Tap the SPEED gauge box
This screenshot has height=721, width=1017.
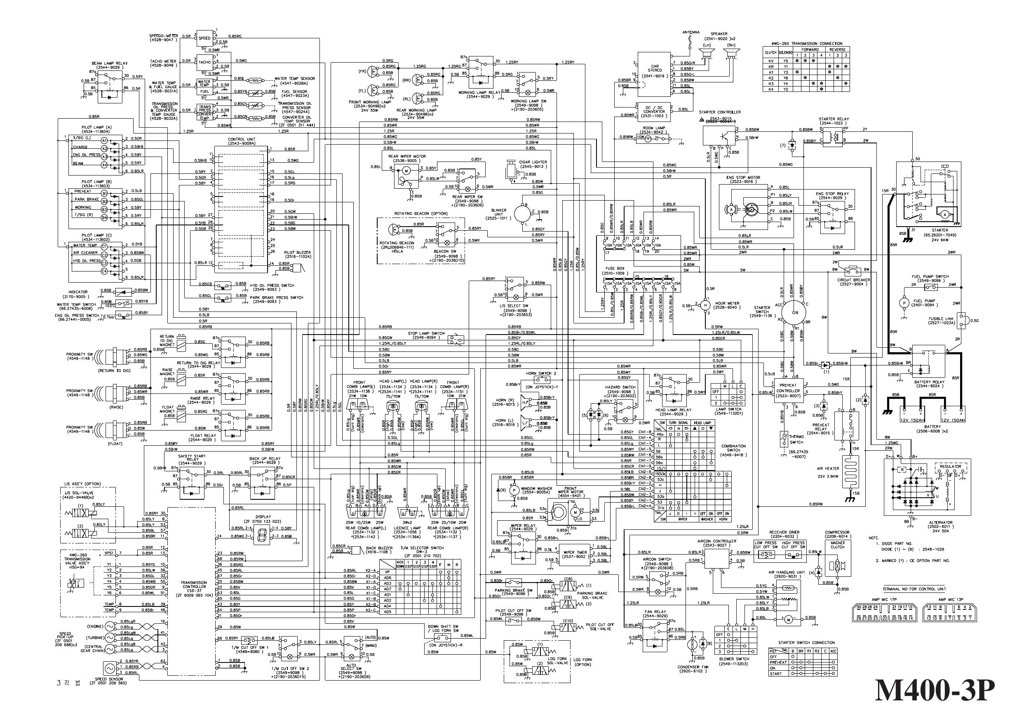[205, 38]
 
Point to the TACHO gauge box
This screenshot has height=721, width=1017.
[205, 62]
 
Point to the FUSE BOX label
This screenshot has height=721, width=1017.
[615, 269]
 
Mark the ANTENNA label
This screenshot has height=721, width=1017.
[691, 33]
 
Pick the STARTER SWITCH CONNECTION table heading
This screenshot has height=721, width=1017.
[806, 642]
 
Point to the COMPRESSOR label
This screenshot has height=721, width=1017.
[837, 532]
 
